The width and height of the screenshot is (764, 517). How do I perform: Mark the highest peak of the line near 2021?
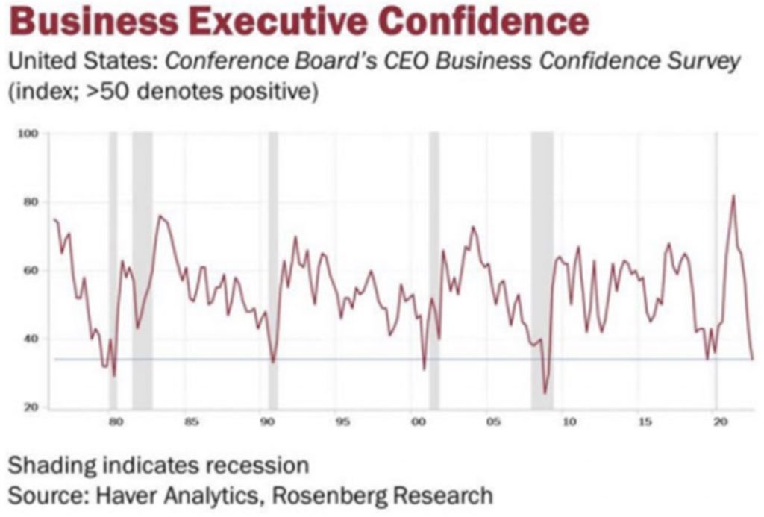733,196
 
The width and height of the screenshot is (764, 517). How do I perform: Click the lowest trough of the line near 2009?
545,392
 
